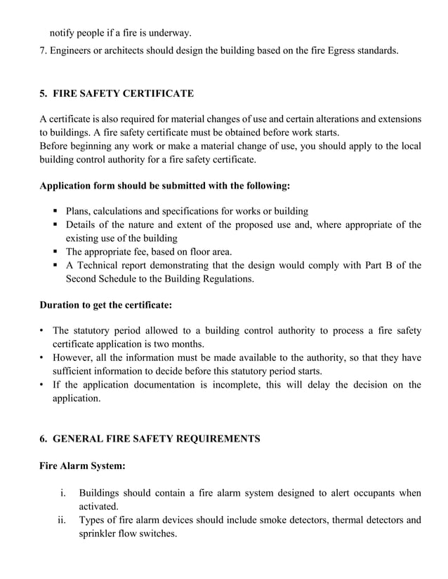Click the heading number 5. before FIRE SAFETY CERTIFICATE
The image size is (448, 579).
pos(44,93)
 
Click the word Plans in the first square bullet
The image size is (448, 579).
pos(79,211)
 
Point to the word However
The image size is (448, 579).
pos(74,357)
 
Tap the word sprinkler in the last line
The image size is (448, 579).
pos(98,533)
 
